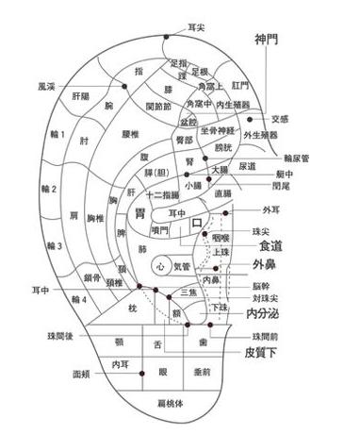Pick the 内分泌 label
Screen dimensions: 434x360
(x=265, y=313)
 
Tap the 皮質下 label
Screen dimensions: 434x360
(x=260, y=353)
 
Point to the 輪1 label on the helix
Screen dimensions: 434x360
(x=57, y=135)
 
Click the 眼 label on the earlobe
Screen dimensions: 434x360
(x=162, y=372)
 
